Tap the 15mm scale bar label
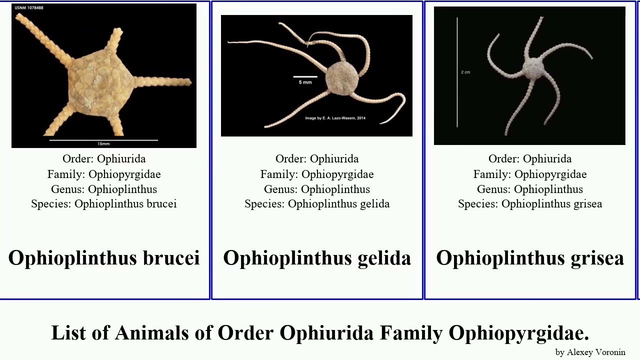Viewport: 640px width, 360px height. [x=103, y=144]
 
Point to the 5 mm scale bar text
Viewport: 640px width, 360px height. [x=304, y=82]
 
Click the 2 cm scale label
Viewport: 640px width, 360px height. [x=465, y=72]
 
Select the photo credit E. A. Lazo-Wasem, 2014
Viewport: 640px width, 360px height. [x=335, y=118]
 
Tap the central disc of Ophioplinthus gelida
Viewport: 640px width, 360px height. [x=342, y=77]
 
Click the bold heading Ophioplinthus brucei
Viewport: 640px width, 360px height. [x=104, y=258]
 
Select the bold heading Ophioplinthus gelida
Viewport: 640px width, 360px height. [x=317, y=258]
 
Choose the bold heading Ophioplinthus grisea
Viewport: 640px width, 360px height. [x=530, y=258]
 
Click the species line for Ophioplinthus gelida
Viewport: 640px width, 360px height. [x=317, y=204]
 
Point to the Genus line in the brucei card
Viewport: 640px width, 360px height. [x=104, y=189]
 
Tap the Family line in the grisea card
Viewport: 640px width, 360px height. [x=530, y=174]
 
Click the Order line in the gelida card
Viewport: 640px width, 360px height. [x=317, y=159]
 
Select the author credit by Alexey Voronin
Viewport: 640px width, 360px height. [x=590, y=352]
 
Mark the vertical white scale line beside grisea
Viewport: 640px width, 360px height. [x=457, y=72]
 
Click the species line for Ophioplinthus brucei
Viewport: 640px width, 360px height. [x=104, y=204]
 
